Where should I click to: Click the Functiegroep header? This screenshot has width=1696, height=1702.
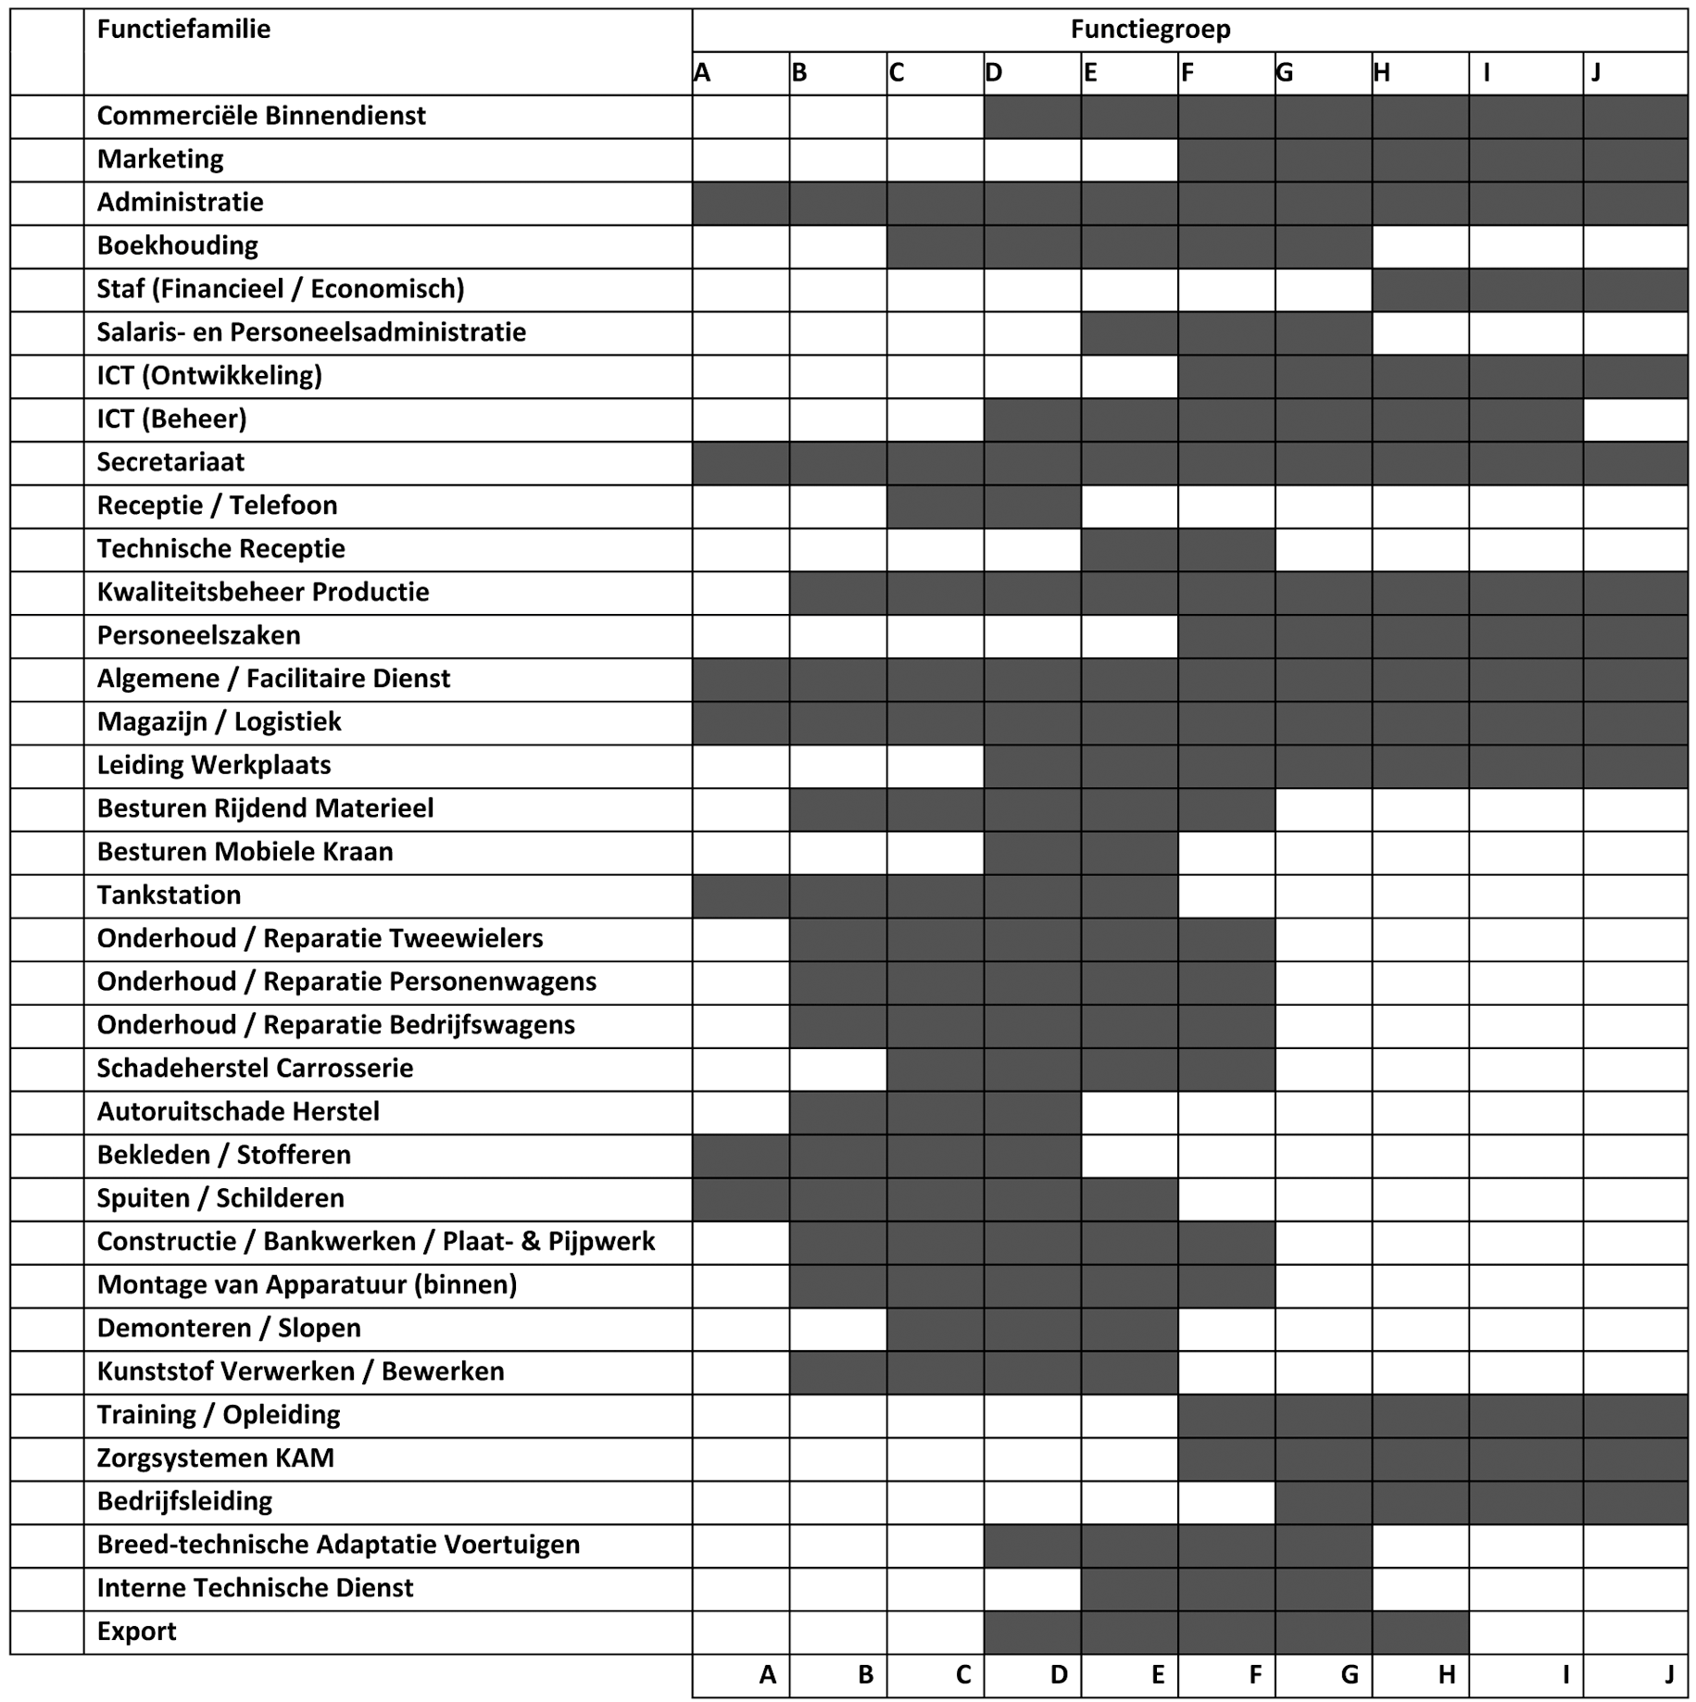[1150, 30]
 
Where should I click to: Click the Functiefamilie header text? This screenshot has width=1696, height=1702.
[183, 30]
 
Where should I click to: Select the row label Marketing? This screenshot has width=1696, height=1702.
[160, 159]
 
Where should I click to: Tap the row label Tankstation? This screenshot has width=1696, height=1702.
[169, 895]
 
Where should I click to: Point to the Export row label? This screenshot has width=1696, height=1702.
[136, 1632]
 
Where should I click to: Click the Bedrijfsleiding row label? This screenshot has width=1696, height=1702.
[184, 1501]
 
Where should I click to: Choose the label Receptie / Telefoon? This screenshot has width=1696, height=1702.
[217, 506]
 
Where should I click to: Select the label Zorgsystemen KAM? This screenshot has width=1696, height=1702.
[215, 1458]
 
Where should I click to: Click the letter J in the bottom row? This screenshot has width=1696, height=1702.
[1669, 1674]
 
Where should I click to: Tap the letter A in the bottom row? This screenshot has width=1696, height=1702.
[767, 1674]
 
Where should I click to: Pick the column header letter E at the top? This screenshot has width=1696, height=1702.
[1090, 73]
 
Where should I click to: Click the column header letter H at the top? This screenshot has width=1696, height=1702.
[1381, 73]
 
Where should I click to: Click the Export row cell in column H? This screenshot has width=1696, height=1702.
[1420, 1632]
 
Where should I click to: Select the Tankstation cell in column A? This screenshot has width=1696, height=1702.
[740, 895]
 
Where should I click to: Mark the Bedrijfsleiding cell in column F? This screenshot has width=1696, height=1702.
[1225, 1501]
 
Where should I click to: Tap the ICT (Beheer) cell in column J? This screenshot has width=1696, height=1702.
[1635, 419]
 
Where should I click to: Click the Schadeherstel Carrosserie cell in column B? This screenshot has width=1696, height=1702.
[837, 1069]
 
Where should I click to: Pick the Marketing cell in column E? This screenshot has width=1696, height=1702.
[1128, 159]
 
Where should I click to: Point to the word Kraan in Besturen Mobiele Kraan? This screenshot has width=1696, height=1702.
[357, 852]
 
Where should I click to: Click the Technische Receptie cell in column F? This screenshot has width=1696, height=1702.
[1225, 549]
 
